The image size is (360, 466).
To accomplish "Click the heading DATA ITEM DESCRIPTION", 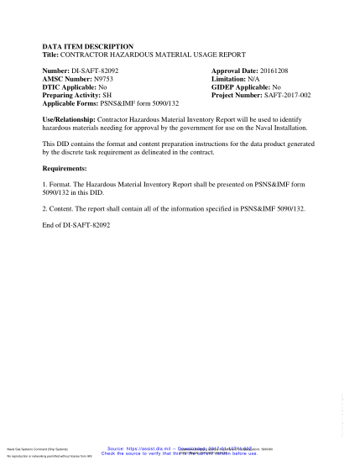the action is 87,46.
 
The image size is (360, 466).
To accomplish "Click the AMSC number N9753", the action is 107,80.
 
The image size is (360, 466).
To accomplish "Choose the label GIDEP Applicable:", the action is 241,87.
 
